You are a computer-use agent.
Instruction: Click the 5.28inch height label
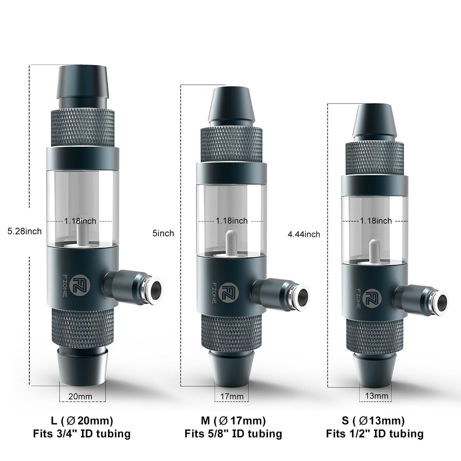[x=24, y=231]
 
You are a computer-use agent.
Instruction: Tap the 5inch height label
[x=163, y=233]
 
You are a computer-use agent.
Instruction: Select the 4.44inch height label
[x=303, y=234]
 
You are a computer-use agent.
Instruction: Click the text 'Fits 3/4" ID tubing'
[x=82, y=434]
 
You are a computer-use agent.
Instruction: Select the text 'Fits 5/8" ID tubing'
[x=233, y=434]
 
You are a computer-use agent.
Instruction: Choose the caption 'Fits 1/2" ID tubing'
[x=375, y=434]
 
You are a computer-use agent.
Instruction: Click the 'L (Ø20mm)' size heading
[x=82, y=421]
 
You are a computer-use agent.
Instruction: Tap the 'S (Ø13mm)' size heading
[x=373, y=421]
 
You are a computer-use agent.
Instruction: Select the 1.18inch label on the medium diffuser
[x=231, y=221]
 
